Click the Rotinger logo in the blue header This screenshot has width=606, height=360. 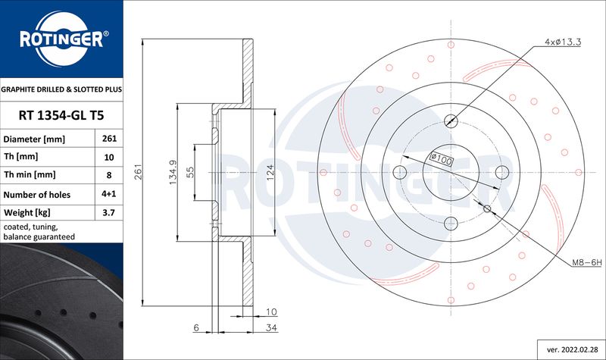(62, 39)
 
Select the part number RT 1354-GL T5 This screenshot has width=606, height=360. (61, 115)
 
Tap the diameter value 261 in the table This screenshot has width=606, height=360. (109, 139)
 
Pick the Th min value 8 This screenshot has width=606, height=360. (109, 175)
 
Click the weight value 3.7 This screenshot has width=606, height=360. (109, 213)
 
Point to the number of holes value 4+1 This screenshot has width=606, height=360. (109, 194)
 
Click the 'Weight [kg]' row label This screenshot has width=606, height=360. (27, 213)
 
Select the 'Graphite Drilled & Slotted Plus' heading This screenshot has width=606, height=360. (61, 89)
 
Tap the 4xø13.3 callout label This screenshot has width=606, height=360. (563, 42)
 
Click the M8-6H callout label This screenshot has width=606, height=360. (587, 262)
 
